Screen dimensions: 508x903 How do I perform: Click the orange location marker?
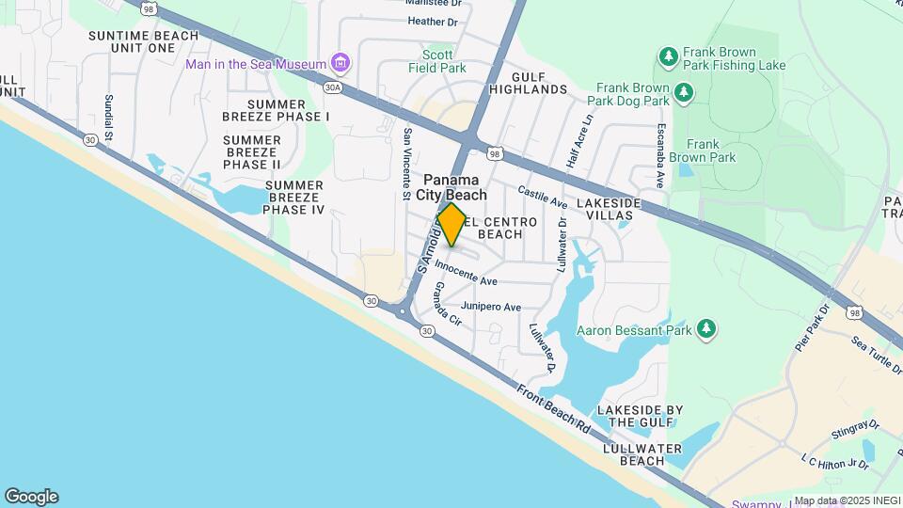451,225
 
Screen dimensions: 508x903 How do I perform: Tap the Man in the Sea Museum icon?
341,64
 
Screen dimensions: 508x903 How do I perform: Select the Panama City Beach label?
455,187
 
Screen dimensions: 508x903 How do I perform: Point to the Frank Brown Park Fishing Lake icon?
669,57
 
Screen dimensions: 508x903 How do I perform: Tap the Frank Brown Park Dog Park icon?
684,91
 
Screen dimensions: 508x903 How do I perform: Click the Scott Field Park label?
444,61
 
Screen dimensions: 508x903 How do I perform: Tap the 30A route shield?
332,87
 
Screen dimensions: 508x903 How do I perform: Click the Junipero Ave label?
491,307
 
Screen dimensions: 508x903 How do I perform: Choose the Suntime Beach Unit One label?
143,41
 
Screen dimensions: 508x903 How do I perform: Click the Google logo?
31,497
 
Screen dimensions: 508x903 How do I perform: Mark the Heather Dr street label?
433,22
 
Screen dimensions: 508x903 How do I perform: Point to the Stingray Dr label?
854,431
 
